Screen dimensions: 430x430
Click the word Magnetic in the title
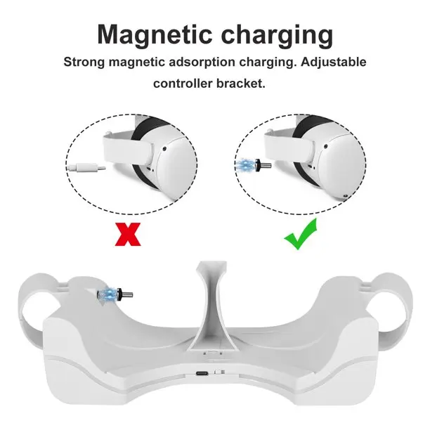coord(155,34)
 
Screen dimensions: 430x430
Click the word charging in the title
coord(277,37)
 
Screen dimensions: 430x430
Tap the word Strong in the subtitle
coord(84,63)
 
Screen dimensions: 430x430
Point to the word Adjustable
coord(333,62)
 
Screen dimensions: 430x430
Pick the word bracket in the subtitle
coord(241,84)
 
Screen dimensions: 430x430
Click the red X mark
coord(128,234)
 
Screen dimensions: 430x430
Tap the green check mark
coord(301,234)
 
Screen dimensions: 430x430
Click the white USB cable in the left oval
coord(86,167)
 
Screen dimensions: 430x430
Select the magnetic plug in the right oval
coord(263,165)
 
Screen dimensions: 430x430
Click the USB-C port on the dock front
coord(202,373)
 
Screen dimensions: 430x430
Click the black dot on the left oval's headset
coord(164,149)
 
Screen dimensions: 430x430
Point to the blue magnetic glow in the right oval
coord(245,165)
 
